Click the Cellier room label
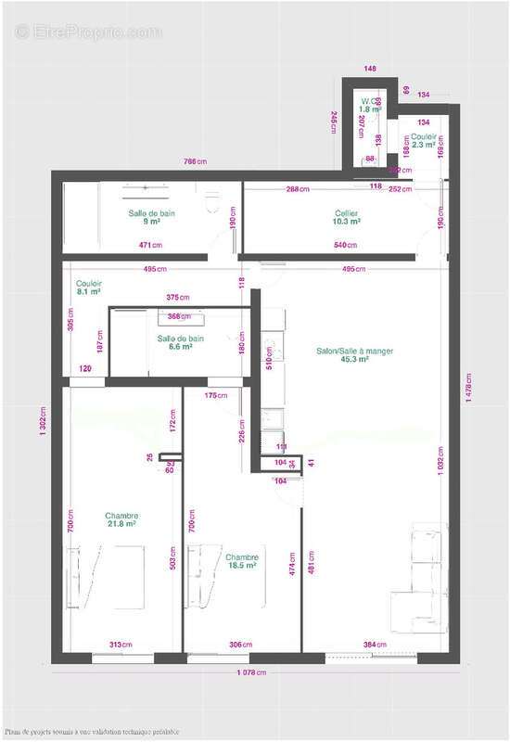click(x=347, y=213)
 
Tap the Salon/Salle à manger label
click(x=342, y=351)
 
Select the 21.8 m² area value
click(x=122, y=524)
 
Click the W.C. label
click(x=370, y=100)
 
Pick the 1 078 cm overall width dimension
click(x=251, y=672)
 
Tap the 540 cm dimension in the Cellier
click(x=346, y=246)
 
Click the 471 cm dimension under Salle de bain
click(x=151, y=246)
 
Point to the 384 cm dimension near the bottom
click(x=374, y=645)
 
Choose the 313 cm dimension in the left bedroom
click(x=120, y=645)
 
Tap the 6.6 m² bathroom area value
click(x=180, y=347)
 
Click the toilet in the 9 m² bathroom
click(x=209, y=198)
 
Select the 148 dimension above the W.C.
click(x=371, y=69)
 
